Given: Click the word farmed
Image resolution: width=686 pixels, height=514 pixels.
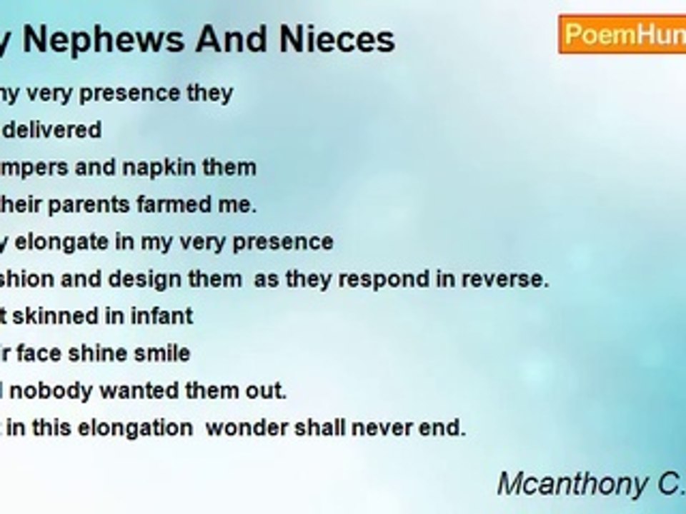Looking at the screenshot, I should pos(187,204).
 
